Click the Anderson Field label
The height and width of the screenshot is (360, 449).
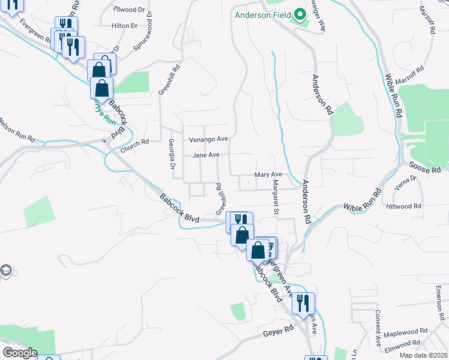(x=261, y=16)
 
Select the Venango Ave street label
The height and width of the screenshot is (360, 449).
(x=209, y=139)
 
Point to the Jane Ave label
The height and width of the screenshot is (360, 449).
(x=206, y=155)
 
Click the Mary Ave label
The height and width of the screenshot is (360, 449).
(x=268, y=175)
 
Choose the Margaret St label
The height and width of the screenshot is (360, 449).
(x=276, y=197)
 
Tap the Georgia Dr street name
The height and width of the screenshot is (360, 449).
(x=172, y=152)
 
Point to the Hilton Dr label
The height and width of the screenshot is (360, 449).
(x=124, y=26)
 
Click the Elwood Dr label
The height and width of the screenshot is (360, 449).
(x=132, y=10)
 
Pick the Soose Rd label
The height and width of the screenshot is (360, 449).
(x=428, y=169)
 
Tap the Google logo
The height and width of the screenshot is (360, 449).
(x=20, y=353)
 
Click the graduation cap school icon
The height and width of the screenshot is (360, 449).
(x=5, y=271)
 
